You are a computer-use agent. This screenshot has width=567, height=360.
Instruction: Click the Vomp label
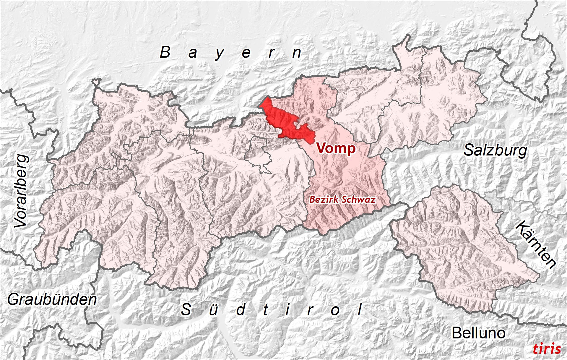336,148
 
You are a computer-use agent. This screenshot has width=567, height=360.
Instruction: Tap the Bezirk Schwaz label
342,200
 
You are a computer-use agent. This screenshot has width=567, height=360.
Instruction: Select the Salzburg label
495,150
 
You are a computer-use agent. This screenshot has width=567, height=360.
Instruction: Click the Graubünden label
52,299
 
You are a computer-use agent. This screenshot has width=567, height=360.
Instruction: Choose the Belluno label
478,333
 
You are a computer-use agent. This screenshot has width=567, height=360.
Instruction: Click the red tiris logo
547,349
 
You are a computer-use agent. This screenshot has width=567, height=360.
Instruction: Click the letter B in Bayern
165,52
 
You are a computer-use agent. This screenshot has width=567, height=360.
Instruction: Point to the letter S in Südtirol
186,310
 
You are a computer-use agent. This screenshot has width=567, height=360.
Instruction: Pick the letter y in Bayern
219,54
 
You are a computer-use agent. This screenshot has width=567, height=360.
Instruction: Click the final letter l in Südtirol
360,310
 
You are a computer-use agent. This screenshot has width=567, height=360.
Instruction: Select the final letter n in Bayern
296,53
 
